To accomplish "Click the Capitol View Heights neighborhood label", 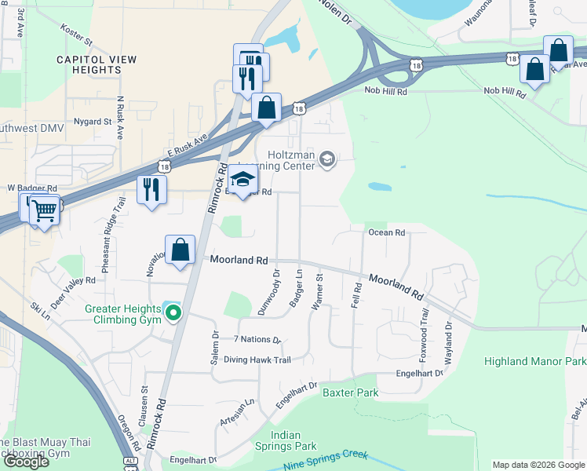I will pos(97,64).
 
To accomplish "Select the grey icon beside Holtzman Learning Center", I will pos(326,160).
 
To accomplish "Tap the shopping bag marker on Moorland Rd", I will pos(180,250).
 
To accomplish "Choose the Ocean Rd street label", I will pos(386,233).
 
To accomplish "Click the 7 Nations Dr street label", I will pos(257,340).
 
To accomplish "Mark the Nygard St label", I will pos(91,122).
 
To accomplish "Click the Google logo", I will pos(25,461).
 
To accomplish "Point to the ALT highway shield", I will pos(130,463).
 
